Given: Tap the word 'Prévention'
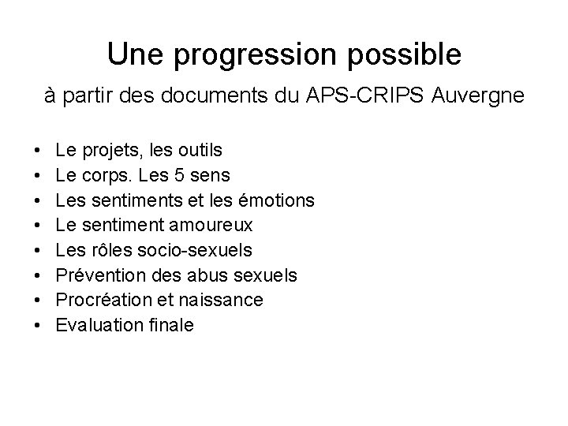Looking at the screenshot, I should coord(93,275).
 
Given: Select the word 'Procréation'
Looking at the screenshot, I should coord(95,301).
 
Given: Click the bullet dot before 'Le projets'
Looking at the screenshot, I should coord(39,150).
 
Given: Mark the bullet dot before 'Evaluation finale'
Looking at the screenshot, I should coord(39,327).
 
